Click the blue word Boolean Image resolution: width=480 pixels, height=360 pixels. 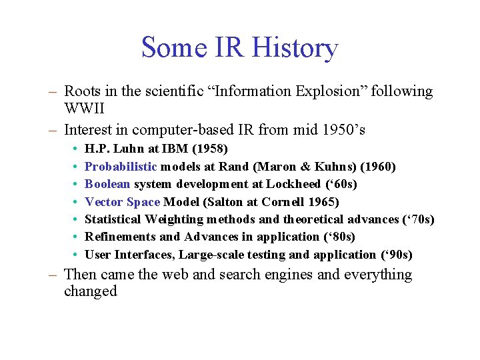(107, 184)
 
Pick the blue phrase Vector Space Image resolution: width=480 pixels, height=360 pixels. (123, 201)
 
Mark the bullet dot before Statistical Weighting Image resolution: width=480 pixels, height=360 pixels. (77, 219)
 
